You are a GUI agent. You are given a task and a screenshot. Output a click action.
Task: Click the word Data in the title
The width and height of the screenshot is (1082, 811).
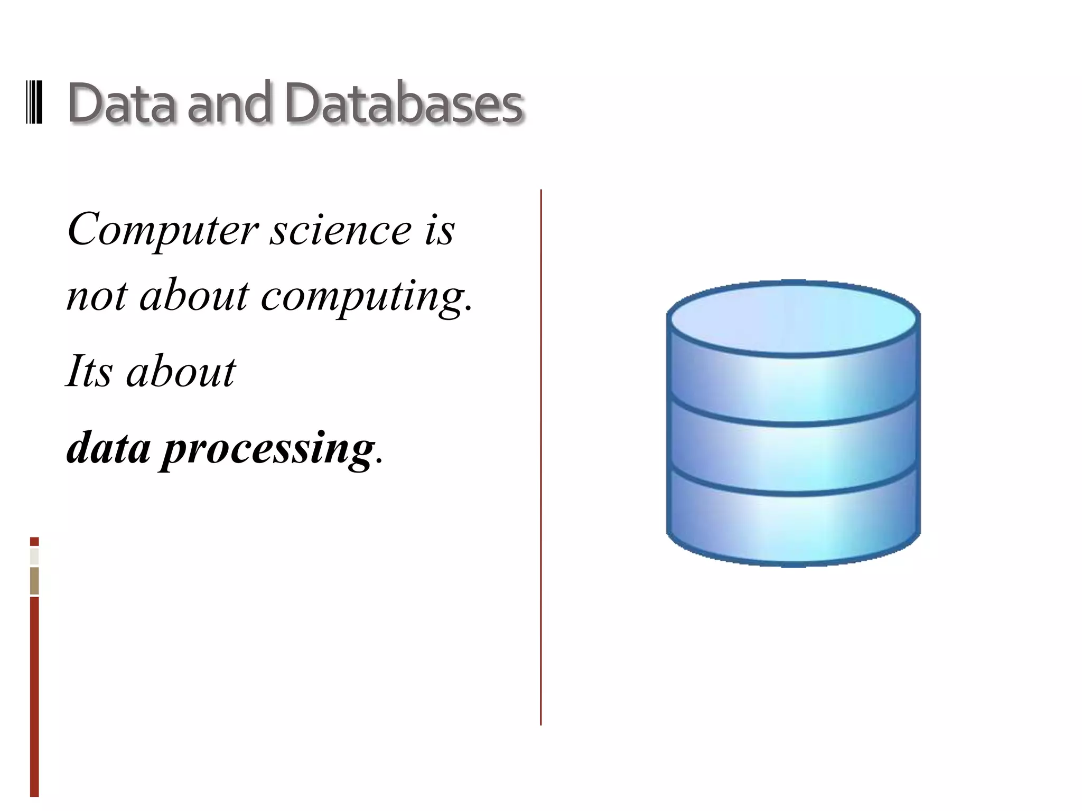click(x=120, y=103)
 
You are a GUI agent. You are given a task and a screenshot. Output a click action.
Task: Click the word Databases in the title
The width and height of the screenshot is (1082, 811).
click(x=404, y=103)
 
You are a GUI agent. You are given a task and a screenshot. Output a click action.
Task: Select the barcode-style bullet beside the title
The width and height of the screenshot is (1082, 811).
click(x=34, y=102)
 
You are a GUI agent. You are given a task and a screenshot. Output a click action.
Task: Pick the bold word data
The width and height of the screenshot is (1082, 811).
click(x=109, y=448)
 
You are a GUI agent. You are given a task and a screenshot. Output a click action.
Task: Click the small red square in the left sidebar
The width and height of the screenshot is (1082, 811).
click(x=34, y=541)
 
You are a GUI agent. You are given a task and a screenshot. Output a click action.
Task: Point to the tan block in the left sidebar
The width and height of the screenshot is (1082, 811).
click(x=34, y=581)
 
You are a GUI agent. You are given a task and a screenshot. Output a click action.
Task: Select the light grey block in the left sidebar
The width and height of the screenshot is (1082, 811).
click(x=34, y=557)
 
